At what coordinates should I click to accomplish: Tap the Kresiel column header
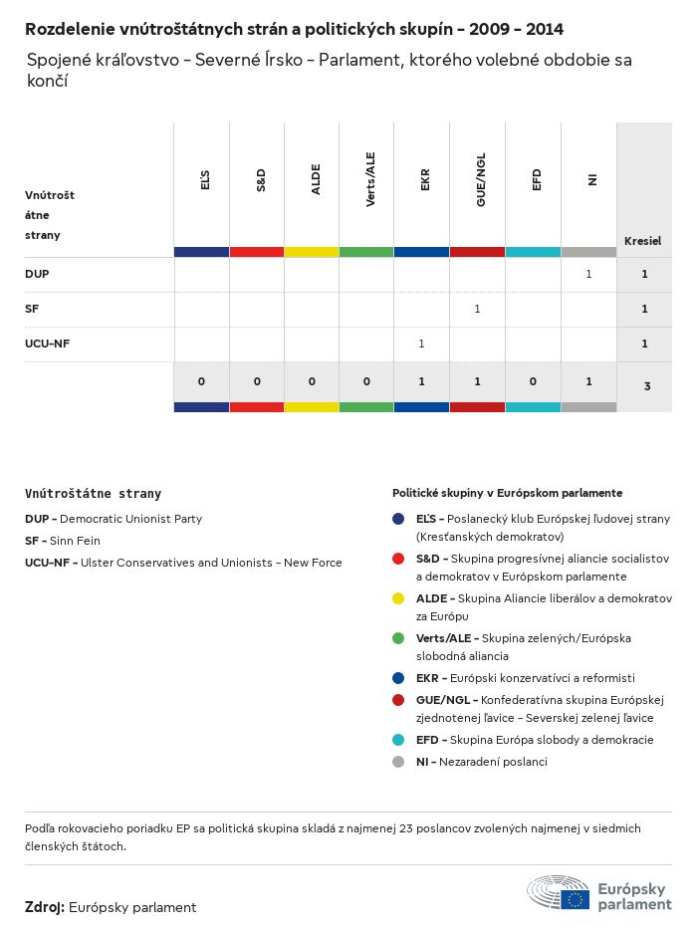[x=643, y=241]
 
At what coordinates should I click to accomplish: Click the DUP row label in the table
[x=37, y=273]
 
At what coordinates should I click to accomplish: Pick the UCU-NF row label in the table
[x=47, y=344]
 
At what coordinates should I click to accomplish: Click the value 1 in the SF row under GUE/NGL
[x=477, y=309]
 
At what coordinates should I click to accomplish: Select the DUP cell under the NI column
[x=588, y=274]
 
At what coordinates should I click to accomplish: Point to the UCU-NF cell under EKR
[x=421, y=344]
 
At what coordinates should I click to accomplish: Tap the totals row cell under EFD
[x=533, y=381]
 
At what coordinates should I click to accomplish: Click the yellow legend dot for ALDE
[x=398, y=598]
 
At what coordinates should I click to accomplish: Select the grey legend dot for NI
[x=398, y=762]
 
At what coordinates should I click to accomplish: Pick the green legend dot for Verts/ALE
[x=398, y=638]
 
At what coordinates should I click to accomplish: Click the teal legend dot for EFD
[x=398, y=740]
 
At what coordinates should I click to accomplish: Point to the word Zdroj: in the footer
[x=45, y=907]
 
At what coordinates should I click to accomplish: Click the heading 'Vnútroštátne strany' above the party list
[x=93, y=493]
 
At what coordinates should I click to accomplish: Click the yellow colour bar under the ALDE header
[x=312, y=252]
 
